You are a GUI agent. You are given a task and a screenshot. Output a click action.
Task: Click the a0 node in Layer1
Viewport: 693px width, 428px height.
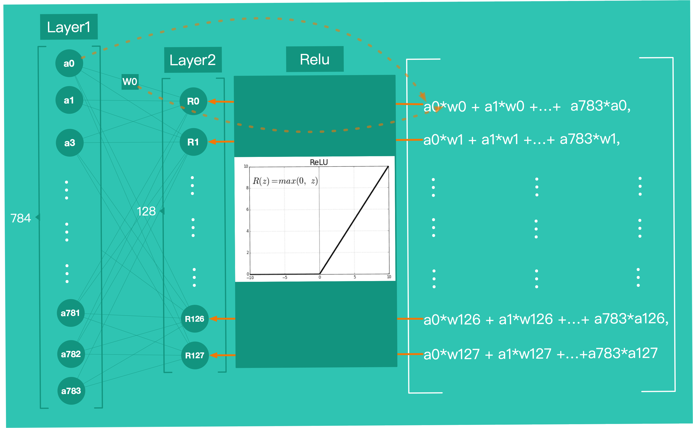(69, 63)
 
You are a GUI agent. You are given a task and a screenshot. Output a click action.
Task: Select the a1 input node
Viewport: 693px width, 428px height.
(69, 100)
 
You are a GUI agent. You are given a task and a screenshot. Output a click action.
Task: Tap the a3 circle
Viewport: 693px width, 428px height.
(70, 142)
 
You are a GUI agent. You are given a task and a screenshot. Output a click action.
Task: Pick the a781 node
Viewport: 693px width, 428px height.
(71, 313)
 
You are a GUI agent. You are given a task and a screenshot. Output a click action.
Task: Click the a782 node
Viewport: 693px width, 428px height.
(71, 354)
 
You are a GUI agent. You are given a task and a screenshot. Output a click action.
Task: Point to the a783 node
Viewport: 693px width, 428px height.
(71, 391)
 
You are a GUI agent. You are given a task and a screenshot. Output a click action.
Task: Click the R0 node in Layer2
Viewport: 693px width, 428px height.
(193, 101)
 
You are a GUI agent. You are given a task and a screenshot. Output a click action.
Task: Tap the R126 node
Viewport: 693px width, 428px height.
(194, 319)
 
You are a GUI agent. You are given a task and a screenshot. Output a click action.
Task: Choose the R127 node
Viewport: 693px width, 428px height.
(195, 355)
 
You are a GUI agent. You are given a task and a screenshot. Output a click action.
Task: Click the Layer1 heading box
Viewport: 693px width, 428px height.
(69, 27)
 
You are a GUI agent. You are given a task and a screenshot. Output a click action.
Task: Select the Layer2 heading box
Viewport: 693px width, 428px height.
(193, 60)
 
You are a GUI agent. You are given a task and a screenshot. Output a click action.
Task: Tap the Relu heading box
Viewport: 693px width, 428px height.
(315, 59)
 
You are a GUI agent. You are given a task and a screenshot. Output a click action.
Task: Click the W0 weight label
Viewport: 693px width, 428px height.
(130, 81)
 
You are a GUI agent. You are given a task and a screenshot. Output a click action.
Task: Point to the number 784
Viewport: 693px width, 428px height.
(20, 218)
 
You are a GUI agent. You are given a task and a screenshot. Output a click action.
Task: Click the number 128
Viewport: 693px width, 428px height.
(146, 211)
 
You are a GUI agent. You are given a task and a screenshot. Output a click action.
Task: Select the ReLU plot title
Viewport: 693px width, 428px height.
(319, 162)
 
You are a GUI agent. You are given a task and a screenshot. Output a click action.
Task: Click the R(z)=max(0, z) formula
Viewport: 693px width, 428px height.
(285, 181)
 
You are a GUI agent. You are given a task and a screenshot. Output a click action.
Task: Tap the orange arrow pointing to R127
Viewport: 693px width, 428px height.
(222, 355)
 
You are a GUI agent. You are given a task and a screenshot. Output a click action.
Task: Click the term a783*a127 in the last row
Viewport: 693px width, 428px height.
(623, 353)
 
